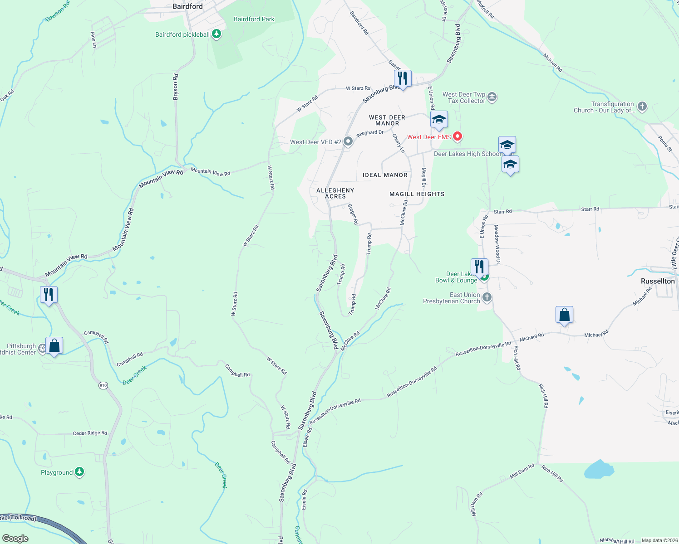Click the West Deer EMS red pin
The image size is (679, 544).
click(458, 136)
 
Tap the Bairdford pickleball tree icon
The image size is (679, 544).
click(216, 34)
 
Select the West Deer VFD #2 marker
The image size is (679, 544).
click(348, 142)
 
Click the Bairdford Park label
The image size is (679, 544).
click(254, 19)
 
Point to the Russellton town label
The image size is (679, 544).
click(658, 281)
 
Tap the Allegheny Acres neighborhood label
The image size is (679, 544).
click(335, 194)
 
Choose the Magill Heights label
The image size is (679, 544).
click(417, 194)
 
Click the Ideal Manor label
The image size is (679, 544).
click(385, 175)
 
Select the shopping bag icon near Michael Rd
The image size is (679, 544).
click(564, 315)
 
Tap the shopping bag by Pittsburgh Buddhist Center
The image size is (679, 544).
click(54, 346)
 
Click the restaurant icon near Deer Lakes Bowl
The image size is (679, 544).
click(479, 267)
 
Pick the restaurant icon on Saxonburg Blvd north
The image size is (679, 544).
click(402, 78)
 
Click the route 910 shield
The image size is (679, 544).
click(103, 385)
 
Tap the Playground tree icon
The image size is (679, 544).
click(79, 472)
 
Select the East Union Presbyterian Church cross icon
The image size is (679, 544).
click(487, 297)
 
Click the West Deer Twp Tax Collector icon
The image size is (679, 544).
click(492, 97)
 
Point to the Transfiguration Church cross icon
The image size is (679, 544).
click(642, 107)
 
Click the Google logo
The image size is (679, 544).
click(15, 538)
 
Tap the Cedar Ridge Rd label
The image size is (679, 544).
click(90, 433)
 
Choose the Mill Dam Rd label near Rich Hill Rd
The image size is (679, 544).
click(522, 471)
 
